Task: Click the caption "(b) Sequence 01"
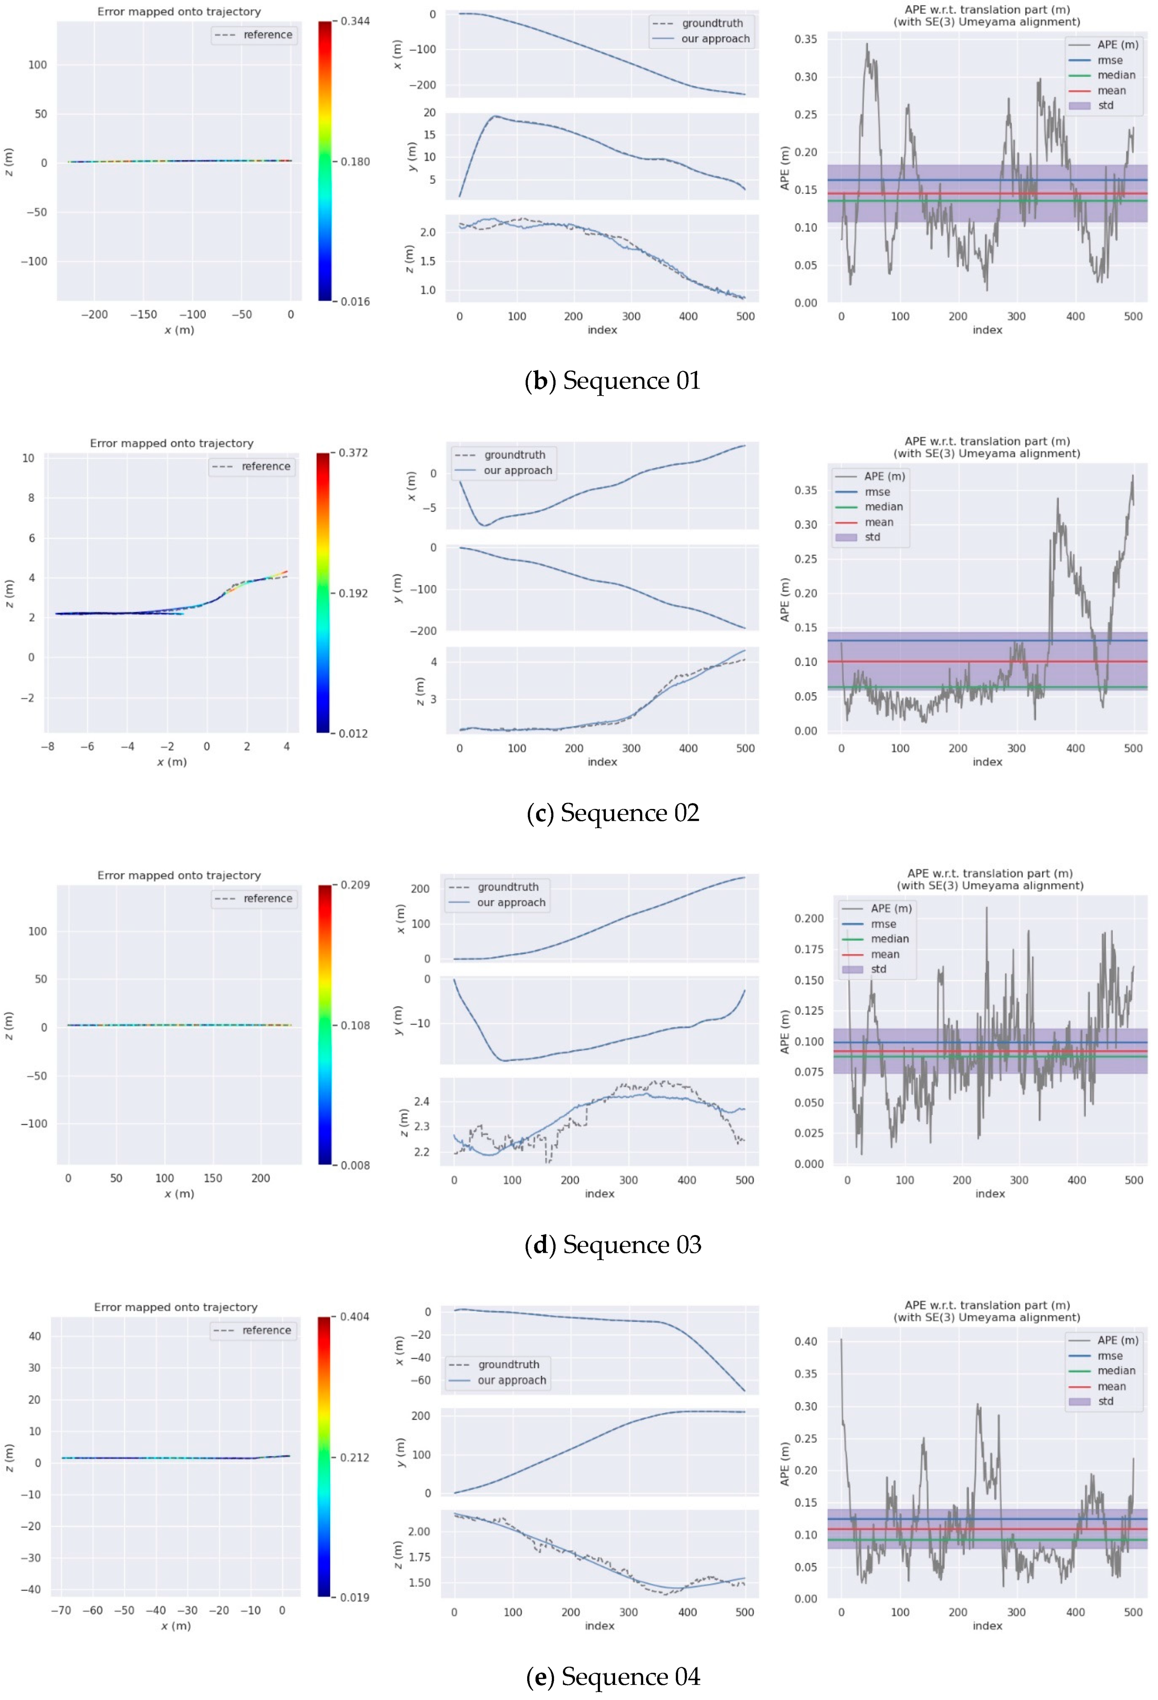613,381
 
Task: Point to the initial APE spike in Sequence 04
841,1340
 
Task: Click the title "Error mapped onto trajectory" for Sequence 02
172,443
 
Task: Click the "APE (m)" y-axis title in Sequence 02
784,600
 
